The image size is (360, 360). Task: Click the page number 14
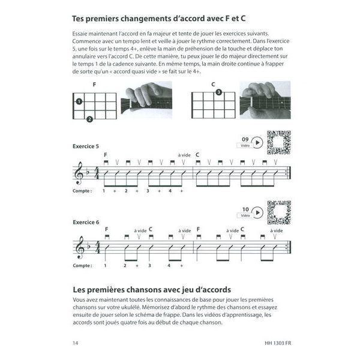click(74, 343)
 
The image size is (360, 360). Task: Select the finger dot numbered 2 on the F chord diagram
click(89, 119)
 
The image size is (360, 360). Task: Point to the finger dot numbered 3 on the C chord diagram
click(219, 92)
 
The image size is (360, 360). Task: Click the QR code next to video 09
click(278, 142)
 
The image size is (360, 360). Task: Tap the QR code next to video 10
click(278, 212)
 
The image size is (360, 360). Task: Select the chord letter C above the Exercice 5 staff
click(197, 155)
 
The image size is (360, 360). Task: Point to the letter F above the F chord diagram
click(94, 85)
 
